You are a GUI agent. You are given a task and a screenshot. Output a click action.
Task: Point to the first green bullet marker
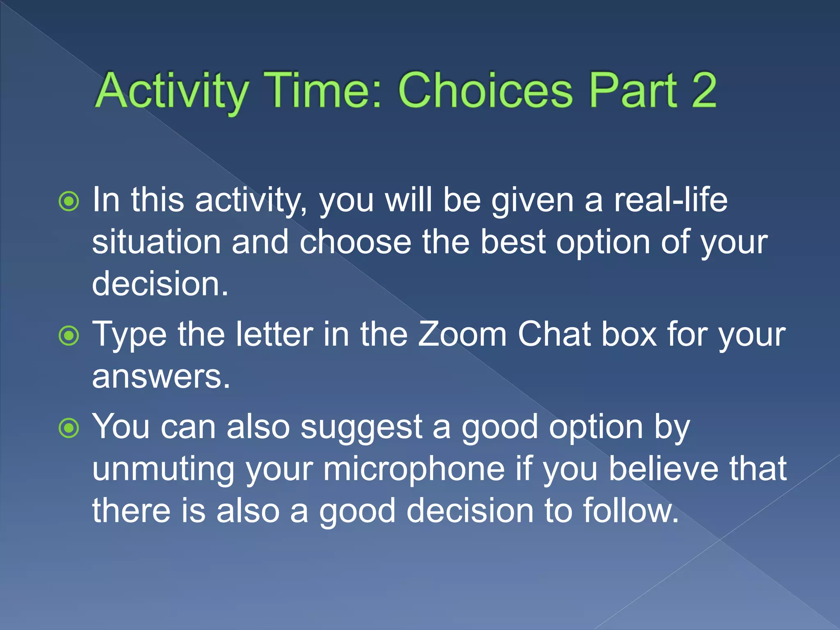pyautogui.click(x=69, y=201)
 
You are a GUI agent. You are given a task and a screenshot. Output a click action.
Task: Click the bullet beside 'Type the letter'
pyautogui.click(x=69, y=336)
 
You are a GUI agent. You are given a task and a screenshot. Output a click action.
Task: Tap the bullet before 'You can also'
pyautogui.click(x=69, y=428)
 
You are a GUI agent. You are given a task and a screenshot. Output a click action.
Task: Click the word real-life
pyautogui.click(x=670, y=200)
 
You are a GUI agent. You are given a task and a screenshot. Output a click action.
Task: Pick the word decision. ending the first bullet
pyautogui.click(x=160, y=284)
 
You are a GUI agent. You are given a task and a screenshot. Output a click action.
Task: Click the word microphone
pyautogui.click(x=414, y=469)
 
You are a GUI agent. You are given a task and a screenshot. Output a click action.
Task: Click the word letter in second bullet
pyautogui.click(x=274, y=335)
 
